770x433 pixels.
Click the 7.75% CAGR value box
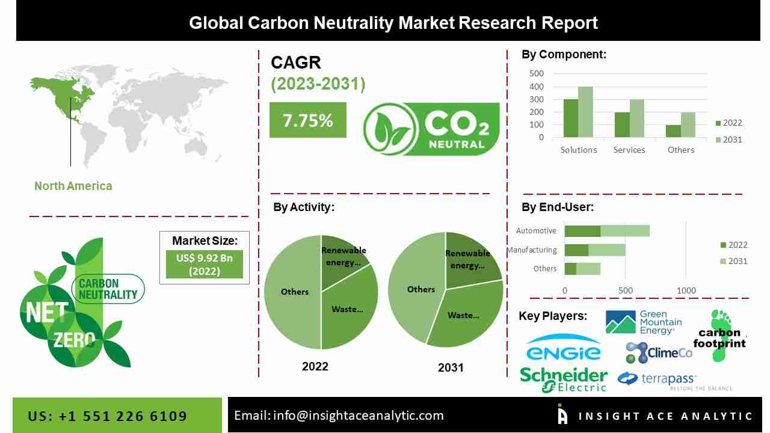pyautogui.click(x=307, y=120)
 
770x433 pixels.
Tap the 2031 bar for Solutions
pyautogui.click(x=585, y=112)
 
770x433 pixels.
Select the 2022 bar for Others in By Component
pyautogui.click(x=673, y=131)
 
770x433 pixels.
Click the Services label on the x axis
pyautogui.click(x=629, y=150)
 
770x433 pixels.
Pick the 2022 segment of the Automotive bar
pyautogui.click(x=582, y=231)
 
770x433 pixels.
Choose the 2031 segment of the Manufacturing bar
pyautogui.click(x=607, y=250)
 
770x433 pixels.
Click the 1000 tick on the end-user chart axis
pyautogui.click(x=686, y=290)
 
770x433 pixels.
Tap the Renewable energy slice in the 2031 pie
pyautogui.click(x=470, y=256)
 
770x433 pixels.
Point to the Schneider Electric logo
pyautogui.click(x=564, y=379)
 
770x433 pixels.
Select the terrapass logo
pyautogui.click(x=657, y=379)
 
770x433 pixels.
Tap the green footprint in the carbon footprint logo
pyautogui.click(x=719, y=337)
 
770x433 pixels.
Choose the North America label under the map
pyautogui.click(x=73, y=186)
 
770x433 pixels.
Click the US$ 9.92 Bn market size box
pyautogui.click(x=205, y=264)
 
